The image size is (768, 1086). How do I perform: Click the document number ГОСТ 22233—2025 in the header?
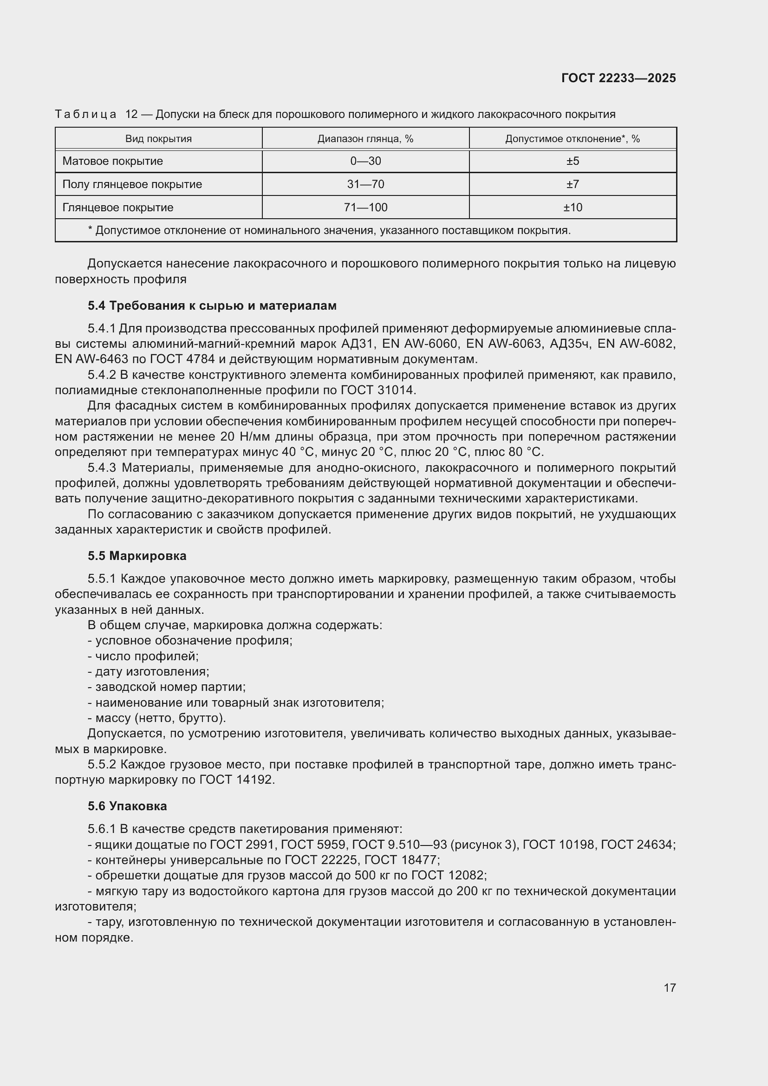[x=618, y=78]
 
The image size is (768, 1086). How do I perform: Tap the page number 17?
[x=669, y=988]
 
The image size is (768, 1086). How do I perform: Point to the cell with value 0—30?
[x=365, y=161]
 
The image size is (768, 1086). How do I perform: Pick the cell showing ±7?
[x=572, y=184]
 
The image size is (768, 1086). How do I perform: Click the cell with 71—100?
[x=365, y=208]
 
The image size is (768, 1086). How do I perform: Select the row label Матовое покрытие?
[x=112, y=161]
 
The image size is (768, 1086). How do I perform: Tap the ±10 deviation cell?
[x=572, y=208]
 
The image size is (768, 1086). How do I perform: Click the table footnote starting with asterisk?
[x=329, y=231]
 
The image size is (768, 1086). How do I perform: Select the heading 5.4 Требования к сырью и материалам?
[x=212, y=306]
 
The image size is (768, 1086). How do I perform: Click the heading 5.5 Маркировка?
[x=137, y=556]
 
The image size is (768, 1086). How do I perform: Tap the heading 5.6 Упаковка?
[x=127, y=806]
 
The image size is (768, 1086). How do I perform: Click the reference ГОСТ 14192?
[x=236, y=780]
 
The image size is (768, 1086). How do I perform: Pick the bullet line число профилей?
[x=143, y=656]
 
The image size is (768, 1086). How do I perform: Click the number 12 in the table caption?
[x=131, y=115]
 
